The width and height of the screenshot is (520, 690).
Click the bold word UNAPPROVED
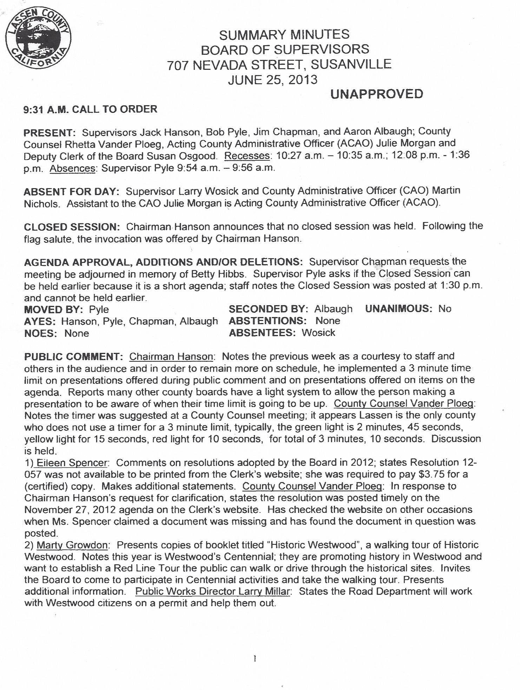(377, 94)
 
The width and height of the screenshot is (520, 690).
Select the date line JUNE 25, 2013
(272, 80)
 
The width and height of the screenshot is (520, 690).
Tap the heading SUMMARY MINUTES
(284, 34)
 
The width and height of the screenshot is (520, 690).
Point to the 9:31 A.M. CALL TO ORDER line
(90, 109)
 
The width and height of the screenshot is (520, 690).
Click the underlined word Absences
(73, 168)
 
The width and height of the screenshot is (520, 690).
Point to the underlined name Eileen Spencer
(71, 463)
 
